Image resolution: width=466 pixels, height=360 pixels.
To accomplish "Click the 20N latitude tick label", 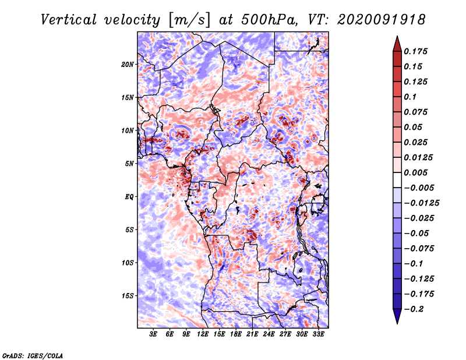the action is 128,65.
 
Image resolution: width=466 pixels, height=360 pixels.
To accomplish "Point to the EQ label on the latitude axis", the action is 129,197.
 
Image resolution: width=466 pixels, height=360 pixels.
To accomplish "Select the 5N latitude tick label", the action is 129,164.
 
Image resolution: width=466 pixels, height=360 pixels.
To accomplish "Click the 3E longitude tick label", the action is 153,334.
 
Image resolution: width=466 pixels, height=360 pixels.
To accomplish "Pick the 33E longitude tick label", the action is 318,334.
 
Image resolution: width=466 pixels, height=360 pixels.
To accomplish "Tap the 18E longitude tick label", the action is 236,334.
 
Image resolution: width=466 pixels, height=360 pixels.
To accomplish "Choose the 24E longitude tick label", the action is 269,334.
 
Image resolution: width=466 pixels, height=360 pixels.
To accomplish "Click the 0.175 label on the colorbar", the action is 415,51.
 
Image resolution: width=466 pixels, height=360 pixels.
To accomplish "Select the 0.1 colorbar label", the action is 410,97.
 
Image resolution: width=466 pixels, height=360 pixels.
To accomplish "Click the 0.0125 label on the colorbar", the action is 418,157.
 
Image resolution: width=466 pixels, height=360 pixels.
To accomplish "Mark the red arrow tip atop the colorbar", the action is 397,36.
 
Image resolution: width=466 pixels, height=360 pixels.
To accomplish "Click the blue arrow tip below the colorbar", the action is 397,323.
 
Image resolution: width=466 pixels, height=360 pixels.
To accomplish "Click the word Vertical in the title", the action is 69,20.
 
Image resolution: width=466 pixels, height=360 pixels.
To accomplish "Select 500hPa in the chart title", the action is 269,20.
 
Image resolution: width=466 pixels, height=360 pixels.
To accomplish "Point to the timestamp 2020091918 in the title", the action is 382,20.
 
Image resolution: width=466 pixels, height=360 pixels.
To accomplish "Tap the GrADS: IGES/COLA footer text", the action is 33,356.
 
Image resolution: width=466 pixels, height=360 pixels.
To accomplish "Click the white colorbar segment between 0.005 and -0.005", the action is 397,180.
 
